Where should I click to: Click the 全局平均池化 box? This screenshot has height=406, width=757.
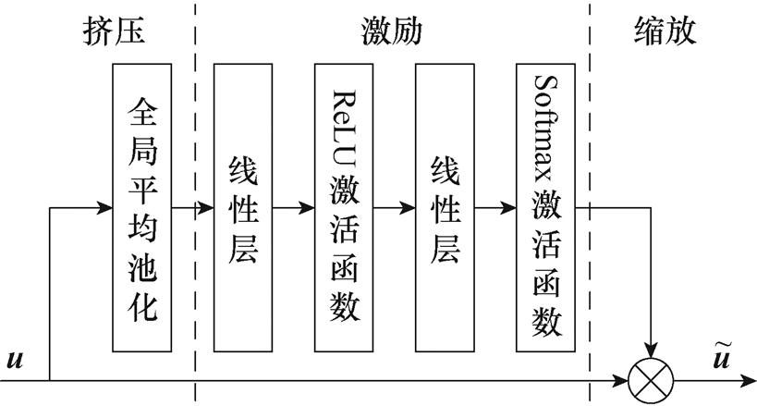click(142, 208)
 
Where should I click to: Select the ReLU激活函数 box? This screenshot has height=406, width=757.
click(345, 208)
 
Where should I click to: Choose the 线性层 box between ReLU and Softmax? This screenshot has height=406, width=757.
click(446, 208)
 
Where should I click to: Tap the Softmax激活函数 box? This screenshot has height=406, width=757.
click(548, 208)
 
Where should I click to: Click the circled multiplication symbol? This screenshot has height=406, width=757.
click(653, 379)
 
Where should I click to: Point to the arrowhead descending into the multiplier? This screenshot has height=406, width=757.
click(653, 351)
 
